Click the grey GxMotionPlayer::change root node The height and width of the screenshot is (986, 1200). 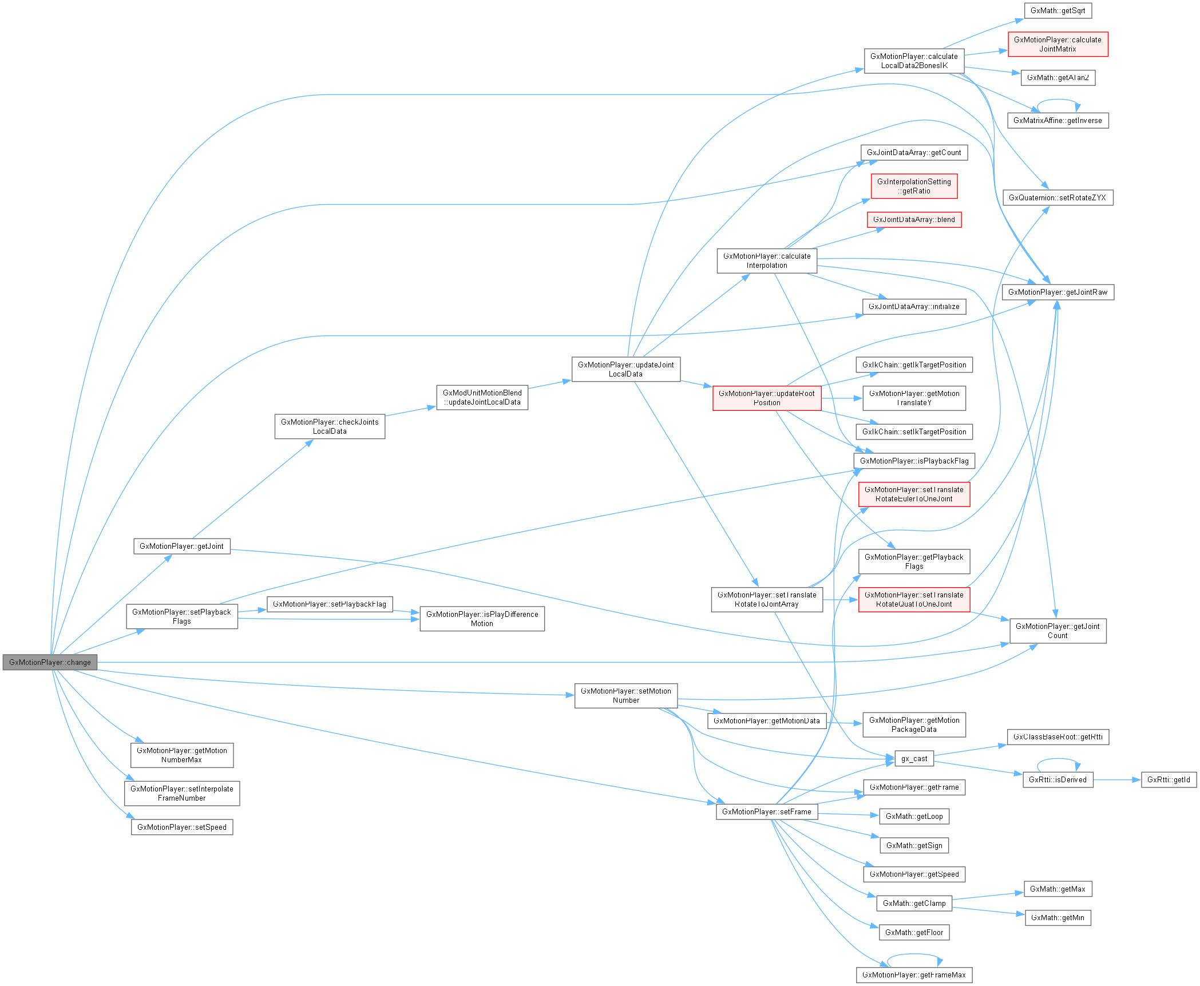[x=50, y=662]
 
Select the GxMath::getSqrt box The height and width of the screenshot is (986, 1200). [x=1058, y=11]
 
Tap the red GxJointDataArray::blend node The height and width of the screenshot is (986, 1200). [x=914, y=220]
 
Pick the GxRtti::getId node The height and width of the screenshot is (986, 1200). [x=1169, y=779]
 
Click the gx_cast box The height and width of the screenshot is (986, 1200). [x=914, y=759]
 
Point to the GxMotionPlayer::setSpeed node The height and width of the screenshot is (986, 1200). [x=182, y=827]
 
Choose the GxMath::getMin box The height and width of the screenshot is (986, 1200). [x=1058, y=918]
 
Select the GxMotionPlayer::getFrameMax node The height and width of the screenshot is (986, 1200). [x=914, y=975]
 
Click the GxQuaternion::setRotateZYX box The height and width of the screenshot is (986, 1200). [x=1058, y=198]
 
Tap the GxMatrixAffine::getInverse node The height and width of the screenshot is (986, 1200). [x=1058, y=121]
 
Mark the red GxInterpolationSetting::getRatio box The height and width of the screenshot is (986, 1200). [x=914, y=187]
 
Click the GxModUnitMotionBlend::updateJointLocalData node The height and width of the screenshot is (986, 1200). [x=482, y=398]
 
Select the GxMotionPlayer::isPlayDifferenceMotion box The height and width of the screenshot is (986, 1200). [x=482, y=619]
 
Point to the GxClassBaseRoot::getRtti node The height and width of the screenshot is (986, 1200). [x=1058, y=737]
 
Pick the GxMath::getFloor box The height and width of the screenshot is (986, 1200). [x=914, y=932]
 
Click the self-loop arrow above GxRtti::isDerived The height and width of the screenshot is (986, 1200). [x=1058, y=759]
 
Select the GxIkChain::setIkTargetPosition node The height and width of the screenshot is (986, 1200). [x=914, y=432]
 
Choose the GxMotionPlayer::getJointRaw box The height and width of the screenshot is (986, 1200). [x=1058, y=292]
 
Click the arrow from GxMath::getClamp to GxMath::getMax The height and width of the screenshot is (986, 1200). [x=988, y=896]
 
